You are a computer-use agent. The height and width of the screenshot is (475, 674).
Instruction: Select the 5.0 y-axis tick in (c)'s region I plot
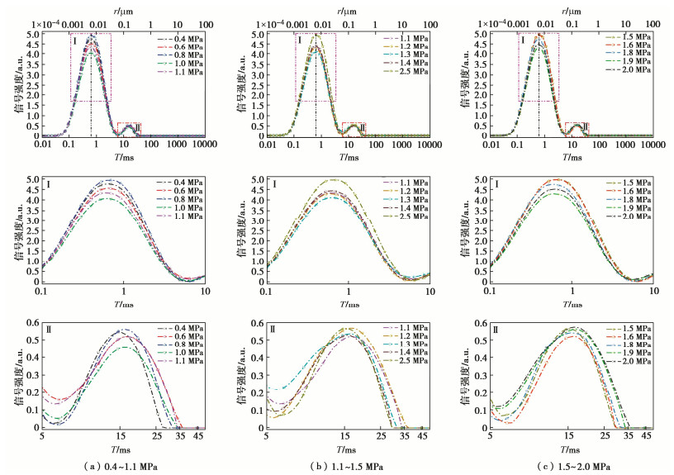(x=480, y=179)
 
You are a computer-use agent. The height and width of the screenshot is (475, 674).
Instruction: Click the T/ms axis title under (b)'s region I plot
(x=345, y=302)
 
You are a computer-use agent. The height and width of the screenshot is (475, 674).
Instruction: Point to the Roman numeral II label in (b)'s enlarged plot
(x=273, y=330)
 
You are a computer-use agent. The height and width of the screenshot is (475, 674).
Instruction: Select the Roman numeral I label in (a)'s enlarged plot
(x=50, y=184)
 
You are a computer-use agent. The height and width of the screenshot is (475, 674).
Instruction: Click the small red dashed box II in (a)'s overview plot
(x=129, y=128)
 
